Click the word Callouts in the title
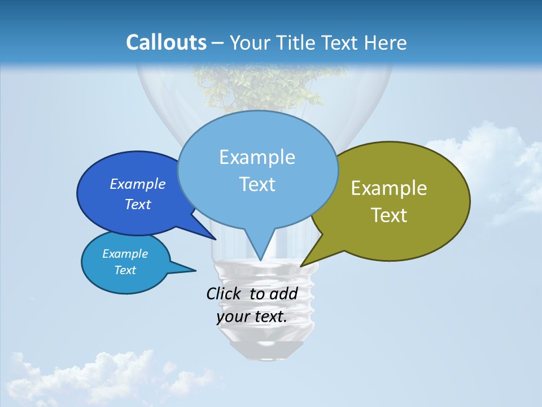166,42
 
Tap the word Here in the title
386,43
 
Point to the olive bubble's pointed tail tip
301,266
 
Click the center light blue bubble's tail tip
260,260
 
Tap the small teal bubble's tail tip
195,270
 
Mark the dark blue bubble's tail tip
216,239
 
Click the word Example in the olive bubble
389,188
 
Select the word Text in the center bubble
257,184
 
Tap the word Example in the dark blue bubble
138,184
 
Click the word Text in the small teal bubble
125,270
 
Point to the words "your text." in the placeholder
252,317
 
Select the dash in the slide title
218,43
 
